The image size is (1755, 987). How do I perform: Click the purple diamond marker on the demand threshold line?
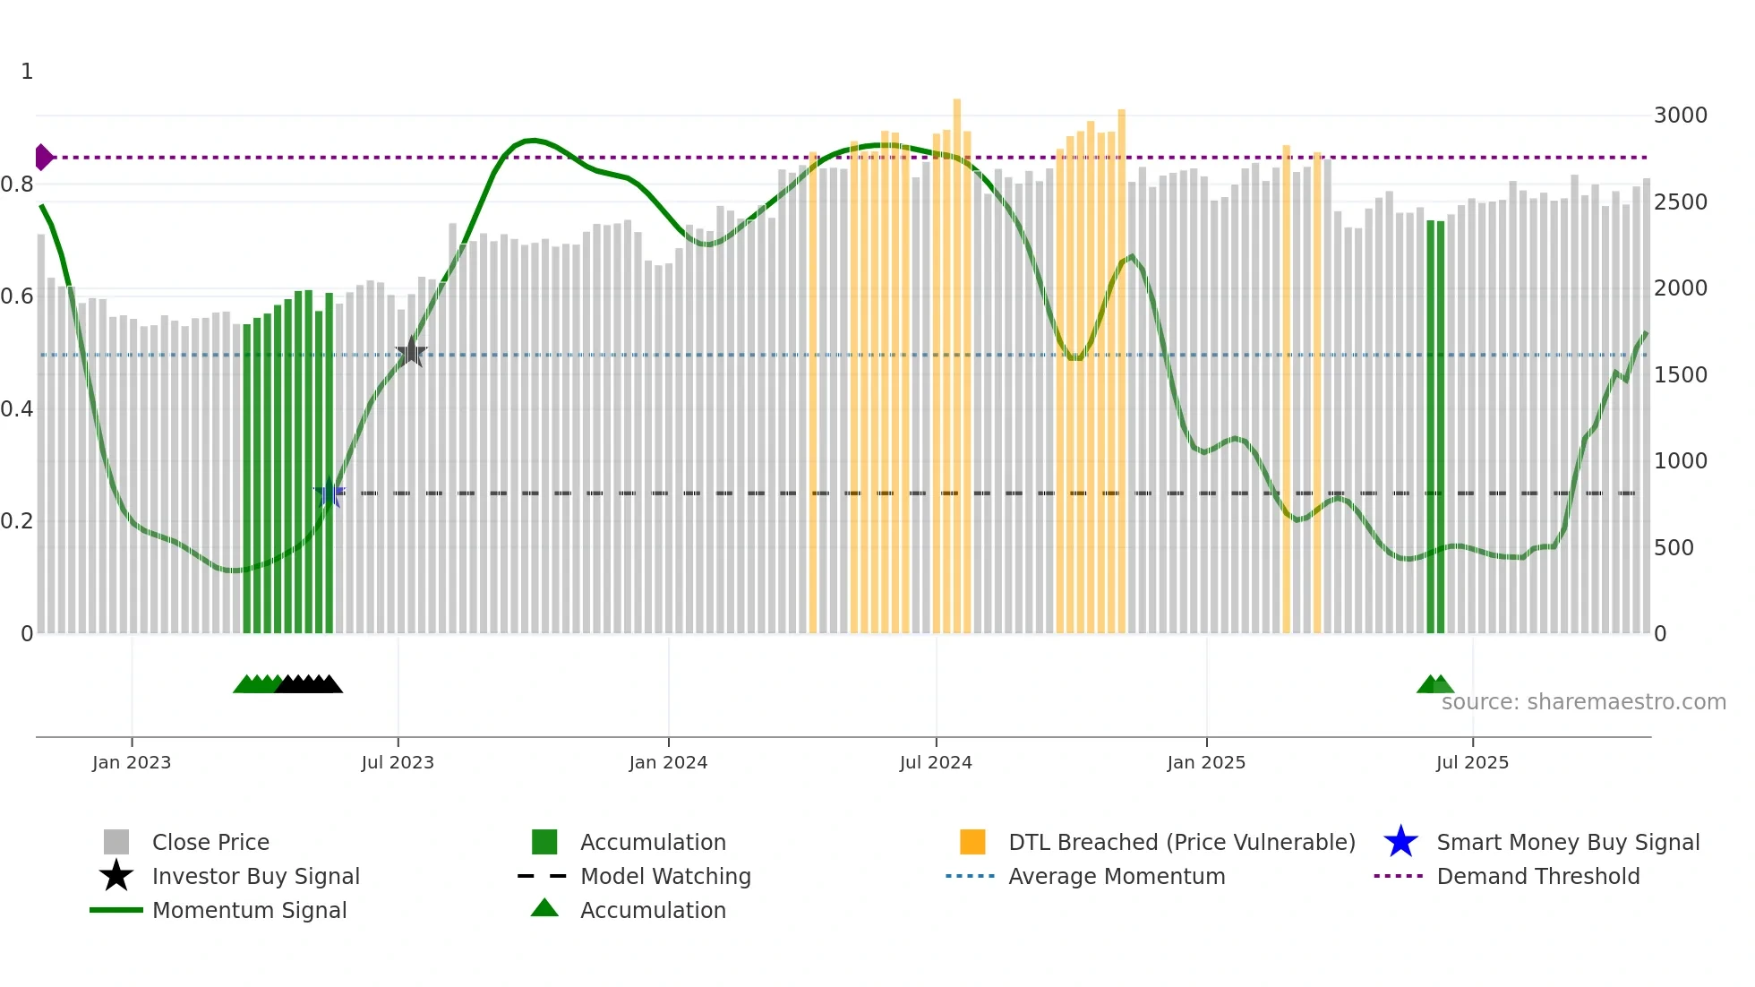43,158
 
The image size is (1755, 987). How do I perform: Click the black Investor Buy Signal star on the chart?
411,352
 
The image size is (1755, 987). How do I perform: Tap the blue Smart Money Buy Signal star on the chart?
330,493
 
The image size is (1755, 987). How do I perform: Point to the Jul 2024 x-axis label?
936,762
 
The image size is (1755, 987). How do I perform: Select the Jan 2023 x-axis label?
132,762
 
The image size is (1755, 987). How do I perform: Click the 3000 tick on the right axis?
1681,116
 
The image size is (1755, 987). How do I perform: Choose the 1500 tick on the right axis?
1681,374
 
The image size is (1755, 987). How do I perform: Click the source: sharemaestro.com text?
1583,702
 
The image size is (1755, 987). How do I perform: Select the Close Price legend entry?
210,842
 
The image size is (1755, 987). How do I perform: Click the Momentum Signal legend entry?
249,910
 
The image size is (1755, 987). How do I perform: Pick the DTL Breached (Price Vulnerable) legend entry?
1181,842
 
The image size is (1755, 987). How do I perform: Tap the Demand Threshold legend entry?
1537,876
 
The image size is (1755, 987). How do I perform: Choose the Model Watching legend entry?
665,876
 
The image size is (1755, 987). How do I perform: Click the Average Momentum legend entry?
1117,876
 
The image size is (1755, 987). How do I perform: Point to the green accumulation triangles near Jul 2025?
1434,684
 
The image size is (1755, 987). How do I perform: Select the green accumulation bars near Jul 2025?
1435,430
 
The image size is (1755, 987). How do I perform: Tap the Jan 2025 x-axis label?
1206,762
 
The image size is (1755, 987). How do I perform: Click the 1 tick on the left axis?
27,72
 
